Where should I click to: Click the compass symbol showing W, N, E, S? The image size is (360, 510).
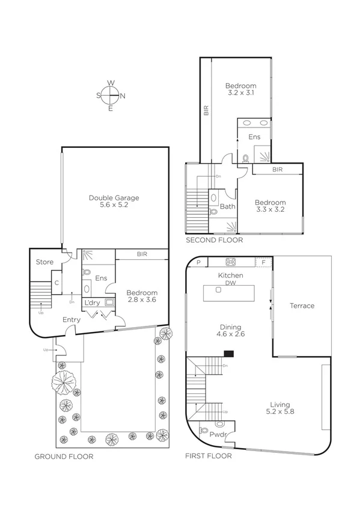(x=111, y=95)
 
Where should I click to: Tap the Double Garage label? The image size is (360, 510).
(x=114, y=197)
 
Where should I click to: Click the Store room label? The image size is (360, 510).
(x=44, y=262)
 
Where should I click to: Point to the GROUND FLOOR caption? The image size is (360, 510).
(x=64, y=456)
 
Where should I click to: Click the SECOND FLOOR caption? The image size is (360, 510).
(x=214, y=240)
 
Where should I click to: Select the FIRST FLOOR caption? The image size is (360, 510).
(x=209, y=456)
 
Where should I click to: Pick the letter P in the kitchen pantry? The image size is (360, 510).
(x=199, y=262)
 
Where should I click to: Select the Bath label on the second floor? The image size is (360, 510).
(x=227, y=206)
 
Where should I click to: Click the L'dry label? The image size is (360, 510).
(x=92, y=302)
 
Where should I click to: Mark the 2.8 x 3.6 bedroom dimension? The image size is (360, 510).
(x=141, y=301)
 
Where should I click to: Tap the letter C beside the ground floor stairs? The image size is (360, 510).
(x=56, y=281)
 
